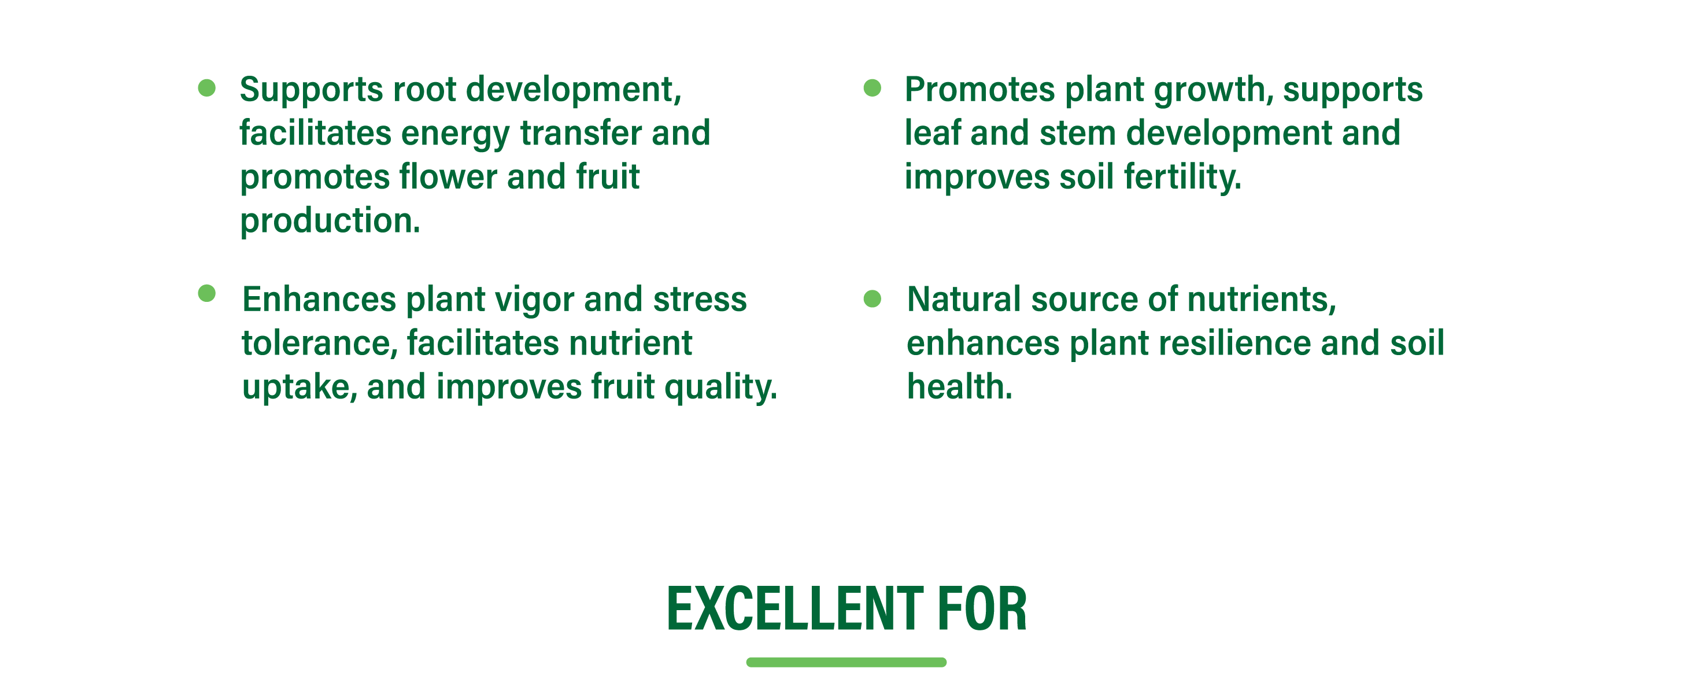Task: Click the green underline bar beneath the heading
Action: point(846,662)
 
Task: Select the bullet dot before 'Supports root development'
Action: point(207,88)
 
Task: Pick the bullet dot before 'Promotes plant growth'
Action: point(872,88)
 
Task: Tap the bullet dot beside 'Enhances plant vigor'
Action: point(207,293)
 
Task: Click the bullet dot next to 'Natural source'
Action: point(872,298)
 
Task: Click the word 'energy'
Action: point(456,135)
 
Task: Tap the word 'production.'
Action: point(330,222)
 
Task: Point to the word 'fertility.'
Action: point(1182,178)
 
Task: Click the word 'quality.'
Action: point(721,387)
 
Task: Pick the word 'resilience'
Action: point(1234,343)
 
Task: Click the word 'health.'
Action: point(960,386)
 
